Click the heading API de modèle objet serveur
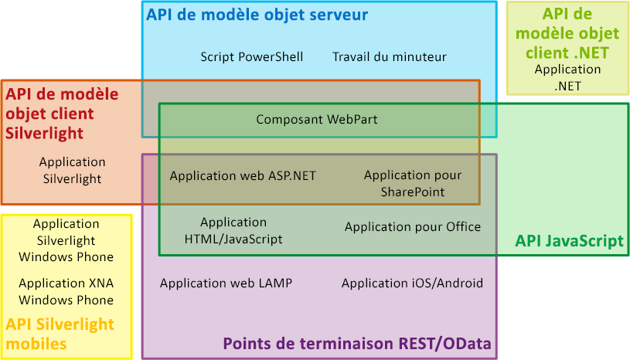(x=257, y=15)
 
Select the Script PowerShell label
(x=251, y=56)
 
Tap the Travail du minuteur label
(x=390, y=56)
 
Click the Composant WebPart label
(x=317, y=120)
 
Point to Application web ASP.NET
(x=243, y=175)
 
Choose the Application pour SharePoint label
(x=413, y=183)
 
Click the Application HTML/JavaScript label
(x=233, y=231)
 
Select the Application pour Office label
(x=413, y=226)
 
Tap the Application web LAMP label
(x=226, y=283)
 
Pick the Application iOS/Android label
(x=412, y=283)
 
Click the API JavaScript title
(x=569, y=242)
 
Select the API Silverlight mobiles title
(x=60, y=334)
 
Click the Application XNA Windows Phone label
(x=66, y=291)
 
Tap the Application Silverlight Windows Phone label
(x=66, y=239)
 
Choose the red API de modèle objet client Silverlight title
(x=62, y=114)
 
